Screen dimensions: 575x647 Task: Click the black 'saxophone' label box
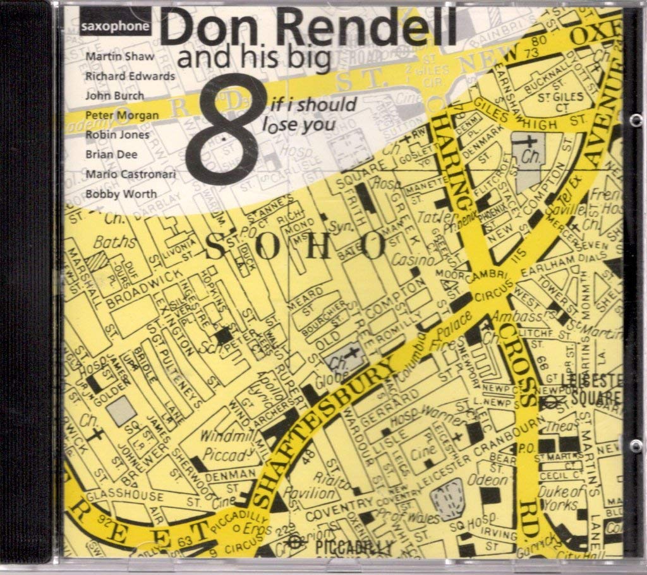[116, 27]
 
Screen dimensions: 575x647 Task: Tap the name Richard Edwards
[130, 76]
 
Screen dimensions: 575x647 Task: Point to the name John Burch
[114, 96]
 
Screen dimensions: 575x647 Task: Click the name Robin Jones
[118, 134]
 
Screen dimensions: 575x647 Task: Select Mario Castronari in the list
[131, 174]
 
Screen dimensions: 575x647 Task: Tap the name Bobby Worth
[121, 194]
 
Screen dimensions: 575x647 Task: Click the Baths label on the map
[115, 242]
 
